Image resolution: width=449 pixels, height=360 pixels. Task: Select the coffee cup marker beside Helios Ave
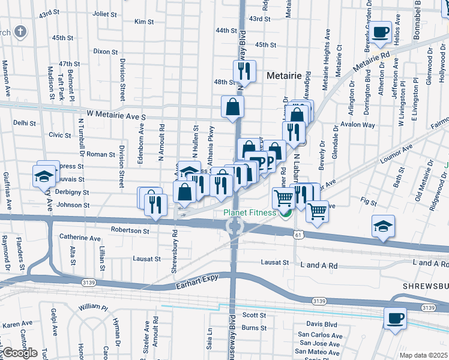(381, 32)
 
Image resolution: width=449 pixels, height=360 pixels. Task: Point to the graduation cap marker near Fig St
(383, 227)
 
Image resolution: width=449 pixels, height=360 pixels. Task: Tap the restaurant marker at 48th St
(244, 71)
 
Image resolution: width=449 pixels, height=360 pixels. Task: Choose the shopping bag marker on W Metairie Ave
(232, 107)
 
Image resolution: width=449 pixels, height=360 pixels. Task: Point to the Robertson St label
(130, 230)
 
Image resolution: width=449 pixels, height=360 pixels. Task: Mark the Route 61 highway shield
(298, 235)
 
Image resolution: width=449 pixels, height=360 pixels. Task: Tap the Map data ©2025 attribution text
(424, 355)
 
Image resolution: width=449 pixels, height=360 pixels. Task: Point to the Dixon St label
(106, 52)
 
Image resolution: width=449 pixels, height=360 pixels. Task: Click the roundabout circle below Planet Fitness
(235, 226)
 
